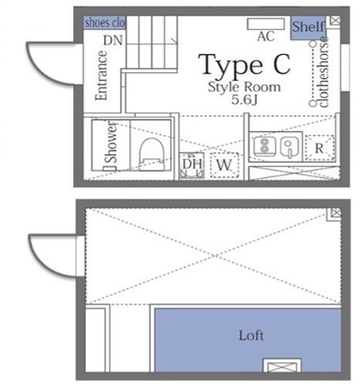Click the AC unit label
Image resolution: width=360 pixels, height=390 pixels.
coord(265,36)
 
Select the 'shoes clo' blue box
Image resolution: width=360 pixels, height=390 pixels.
coord(103,22)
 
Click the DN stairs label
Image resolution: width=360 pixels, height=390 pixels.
coord(113,39)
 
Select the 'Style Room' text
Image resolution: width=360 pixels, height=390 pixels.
coord(244,87)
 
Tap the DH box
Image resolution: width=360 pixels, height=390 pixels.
coord(191,165)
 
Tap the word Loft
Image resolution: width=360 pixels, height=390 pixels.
coord(251,336)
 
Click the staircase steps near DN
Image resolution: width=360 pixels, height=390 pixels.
coord(151,42)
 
